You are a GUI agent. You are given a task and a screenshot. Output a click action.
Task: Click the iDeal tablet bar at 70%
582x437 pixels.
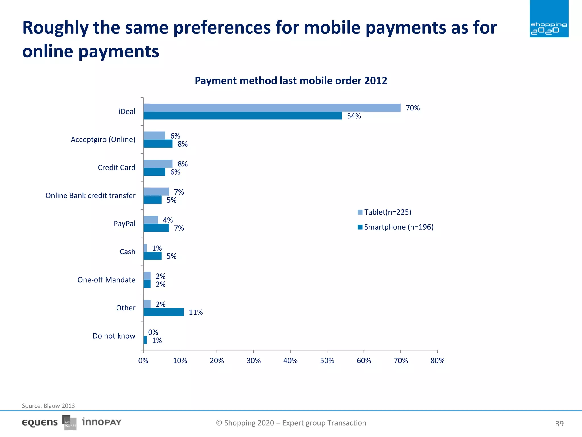point(272,108)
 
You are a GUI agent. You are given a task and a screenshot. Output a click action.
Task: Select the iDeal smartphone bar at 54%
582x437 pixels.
point(242,116)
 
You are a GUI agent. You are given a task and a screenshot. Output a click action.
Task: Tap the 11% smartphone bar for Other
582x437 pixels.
point(163,312)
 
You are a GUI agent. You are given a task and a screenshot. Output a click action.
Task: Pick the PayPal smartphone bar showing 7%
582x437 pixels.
point(156,228)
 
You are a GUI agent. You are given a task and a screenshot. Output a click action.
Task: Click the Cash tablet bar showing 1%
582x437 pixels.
point(145,248)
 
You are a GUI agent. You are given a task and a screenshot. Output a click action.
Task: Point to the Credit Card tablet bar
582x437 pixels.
point(158,164)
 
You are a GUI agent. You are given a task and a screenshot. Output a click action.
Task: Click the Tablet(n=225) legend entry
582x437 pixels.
point(384,212)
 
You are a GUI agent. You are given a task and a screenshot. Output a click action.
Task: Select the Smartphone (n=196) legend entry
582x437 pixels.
point(396,227)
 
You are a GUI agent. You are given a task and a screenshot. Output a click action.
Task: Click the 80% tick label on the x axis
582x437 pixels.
point(437,361)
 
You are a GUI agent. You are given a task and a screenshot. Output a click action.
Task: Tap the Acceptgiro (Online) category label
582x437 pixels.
point(103,139)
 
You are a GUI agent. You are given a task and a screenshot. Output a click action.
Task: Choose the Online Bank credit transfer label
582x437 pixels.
point(90,196)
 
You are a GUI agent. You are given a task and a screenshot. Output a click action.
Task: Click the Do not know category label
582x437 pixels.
point(114,336)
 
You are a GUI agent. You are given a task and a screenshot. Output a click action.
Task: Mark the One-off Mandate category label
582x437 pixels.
point(106,280)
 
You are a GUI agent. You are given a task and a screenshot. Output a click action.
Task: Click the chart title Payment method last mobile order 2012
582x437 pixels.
point(291,81)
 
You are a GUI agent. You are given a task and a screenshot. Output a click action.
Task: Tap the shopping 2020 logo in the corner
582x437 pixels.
point(549,19)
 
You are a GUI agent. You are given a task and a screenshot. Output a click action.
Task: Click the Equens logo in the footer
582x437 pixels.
point(40,423)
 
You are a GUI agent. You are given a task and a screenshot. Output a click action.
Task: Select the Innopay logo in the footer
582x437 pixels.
point(101,422)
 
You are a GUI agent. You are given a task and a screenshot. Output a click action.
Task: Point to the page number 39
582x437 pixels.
point(559,424)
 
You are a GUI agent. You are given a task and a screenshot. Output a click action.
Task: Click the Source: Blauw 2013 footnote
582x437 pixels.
point(48,406)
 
